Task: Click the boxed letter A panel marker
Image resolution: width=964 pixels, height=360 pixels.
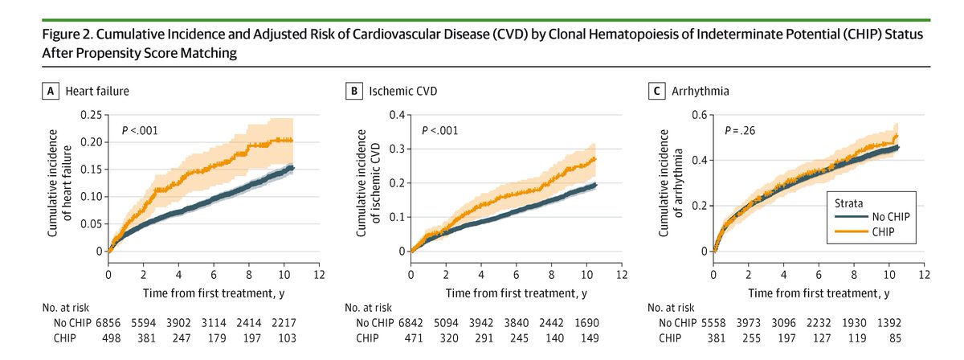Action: click(49, 91)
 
